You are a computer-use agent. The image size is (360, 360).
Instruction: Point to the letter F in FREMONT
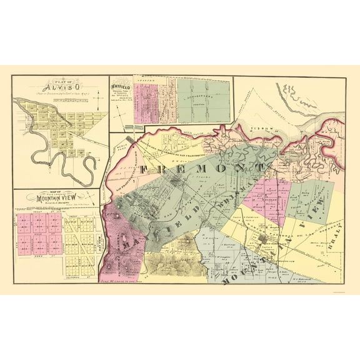pos(143,169)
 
